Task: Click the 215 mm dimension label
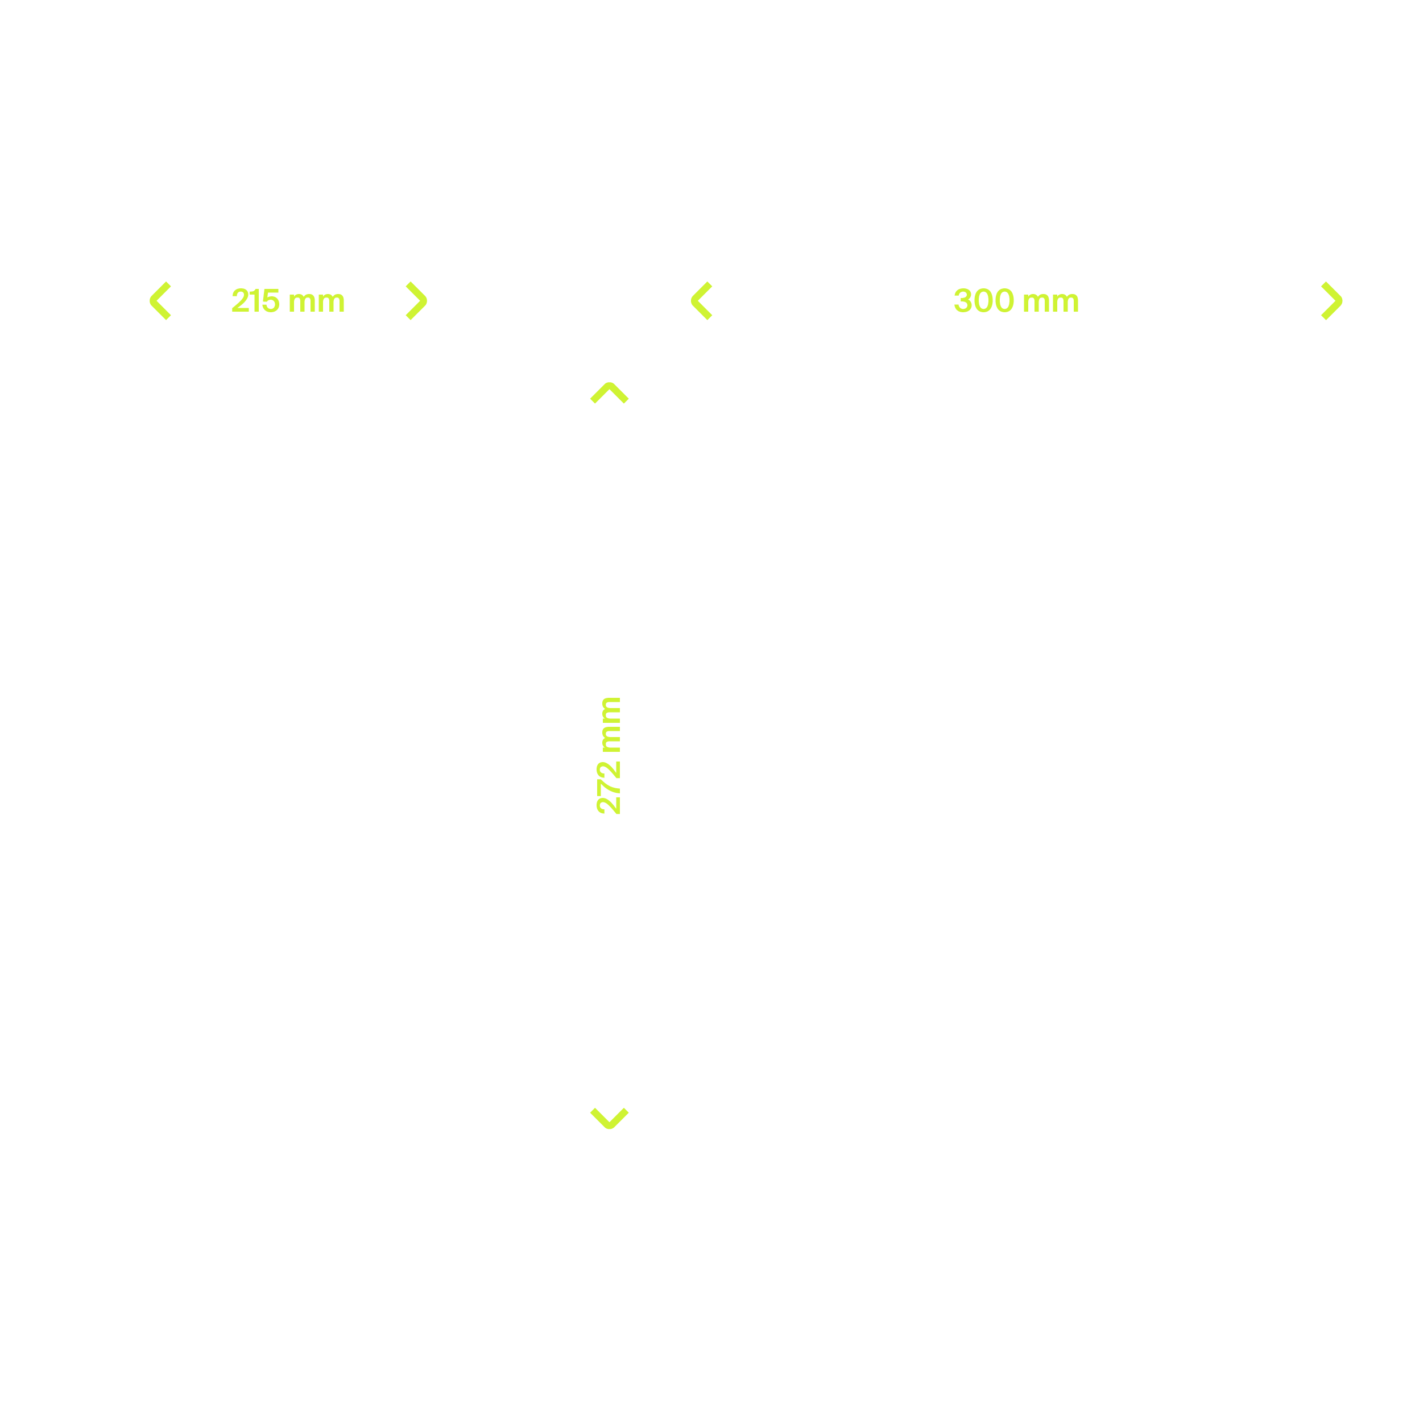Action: click(288, 301)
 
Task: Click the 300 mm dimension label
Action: click(1016, 301)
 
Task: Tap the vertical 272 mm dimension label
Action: click(609, 755)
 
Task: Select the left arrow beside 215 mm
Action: click(161, 301)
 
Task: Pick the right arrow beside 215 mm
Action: click(416, 301)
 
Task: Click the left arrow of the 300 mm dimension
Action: click(702, 301)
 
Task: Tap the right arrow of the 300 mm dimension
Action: click(1331, 301)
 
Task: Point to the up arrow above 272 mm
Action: click(609, 393)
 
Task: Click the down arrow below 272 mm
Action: click(609, 1118)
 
